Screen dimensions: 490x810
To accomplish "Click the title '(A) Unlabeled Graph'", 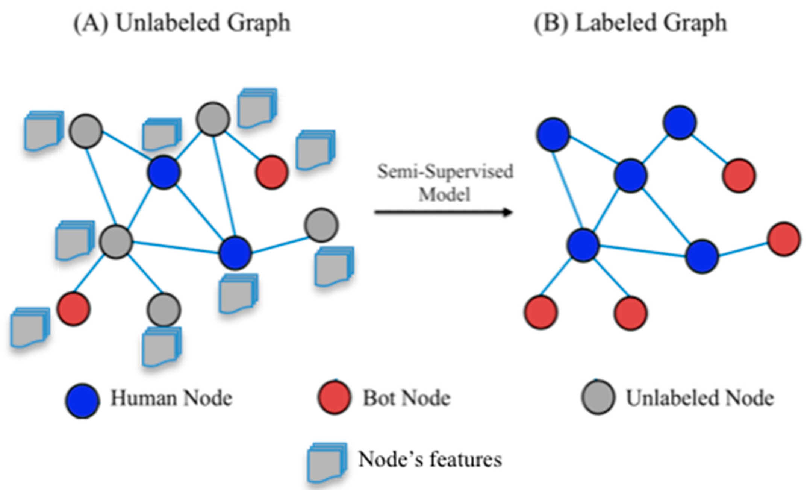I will (182, 23).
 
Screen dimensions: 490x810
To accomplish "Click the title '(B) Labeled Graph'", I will (630, 23).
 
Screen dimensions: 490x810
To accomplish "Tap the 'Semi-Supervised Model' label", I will (445, 183).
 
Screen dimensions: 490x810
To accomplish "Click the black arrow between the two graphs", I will (444, 212).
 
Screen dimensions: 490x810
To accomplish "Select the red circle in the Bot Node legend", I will (334, 398).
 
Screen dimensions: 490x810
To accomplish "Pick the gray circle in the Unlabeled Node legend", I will (598, 397).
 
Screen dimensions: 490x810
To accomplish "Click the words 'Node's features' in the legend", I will (430, 460).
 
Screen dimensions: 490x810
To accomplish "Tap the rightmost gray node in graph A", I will (321, 225).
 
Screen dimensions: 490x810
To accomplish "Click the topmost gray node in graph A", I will (213, 118).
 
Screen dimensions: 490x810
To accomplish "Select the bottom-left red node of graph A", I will (74, 309).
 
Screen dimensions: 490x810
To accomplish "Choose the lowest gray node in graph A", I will (164, 309).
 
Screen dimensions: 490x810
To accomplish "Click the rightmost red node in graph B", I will (784, 239).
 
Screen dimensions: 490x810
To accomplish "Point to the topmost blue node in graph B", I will (680, 123).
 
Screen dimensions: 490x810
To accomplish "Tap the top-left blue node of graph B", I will (553, 135).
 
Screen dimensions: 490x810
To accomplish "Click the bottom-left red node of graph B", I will (541, 312).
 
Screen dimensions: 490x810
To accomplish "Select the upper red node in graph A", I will (272, 172).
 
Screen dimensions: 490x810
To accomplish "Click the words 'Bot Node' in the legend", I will (406, 398).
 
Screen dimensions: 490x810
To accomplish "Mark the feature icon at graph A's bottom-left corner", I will (29, 327).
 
